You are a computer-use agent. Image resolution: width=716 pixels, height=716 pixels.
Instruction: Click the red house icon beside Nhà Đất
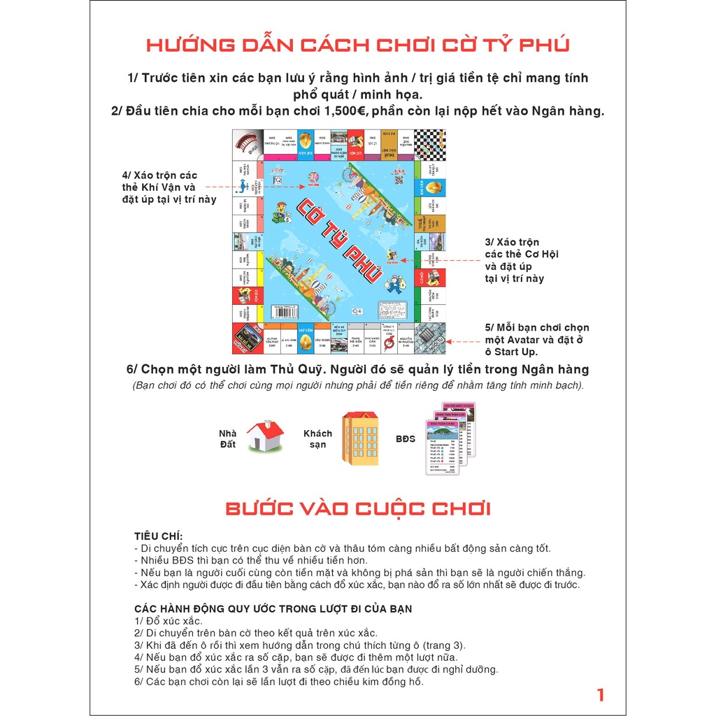[x=265, y=435]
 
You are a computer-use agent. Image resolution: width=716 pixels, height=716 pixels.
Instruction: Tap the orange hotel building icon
[x=360, y=438]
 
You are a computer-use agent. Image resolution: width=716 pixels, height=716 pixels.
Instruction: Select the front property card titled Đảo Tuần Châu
[x=442, y=447]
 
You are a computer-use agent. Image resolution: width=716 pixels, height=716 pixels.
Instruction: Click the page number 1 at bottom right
[x=600, y=694]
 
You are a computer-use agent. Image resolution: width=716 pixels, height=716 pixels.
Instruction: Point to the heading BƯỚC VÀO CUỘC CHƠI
[x=357, y=508]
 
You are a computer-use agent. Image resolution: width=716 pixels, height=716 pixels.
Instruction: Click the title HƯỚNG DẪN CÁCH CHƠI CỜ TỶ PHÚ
[x=357, y=45]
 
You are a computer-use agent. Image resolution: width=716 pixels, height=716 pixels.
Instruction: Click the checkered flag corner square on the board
[x=429, y=145]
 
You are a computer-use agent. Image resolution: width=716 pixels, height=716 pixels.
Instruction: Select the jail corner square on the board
[x=429, y=338]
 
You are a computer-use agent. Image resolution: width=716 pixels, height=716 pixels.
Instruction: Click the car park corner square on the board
[x=248, y=338]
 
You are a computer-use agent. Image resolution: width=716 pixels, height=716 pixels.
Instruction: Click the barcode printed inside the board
[x=285, y=311]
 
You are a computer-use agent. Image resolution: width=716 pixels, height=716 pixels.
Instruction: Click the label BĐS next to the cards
[x=406, y=439]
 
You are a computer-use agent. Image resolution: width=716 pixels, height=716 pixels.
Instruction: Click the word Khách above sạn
[x=317, y=433]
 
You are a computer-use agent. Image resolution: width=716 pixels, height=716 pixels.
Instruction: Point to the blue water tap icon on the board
[x=243, y=185]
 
